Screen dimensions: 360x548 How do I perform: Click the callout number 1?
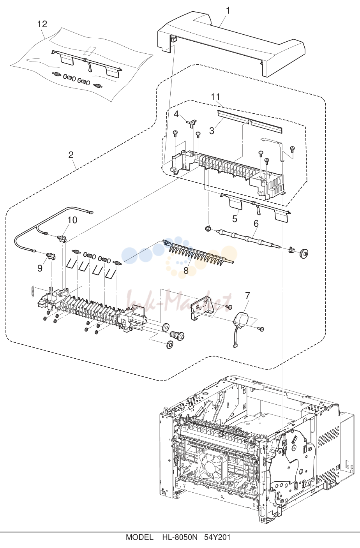tap(228, 11)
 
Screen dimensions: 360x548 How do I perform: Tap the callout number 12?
tap(42, 24)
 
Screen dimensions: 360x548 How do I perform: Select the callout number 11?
tap(215, 97)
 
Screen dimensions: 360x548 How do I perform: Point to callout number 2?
tap(71, 155)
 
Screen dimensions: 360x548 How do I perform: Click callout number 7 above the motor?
tap(247, 296)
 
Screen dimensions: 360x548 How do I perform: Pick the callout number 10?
tap(72, 220)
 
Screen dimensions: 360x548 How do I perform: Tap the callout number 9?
tap(40, 268)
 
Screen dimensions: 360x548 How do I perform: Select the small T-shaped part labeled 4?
tap(192, 123)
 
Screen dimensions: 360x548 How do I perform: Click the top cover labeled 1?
tap(231, 44)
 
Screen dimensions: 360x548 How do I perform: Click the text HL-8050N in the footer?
tap(180, 542)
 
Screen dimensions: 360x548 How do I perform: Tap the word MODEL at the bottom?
tap(139, 542)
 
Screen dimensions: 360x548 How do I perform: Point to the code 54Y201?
tap(217, 542)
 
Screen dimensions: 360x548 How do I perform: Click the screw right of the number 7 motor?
tap(261, 329)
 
